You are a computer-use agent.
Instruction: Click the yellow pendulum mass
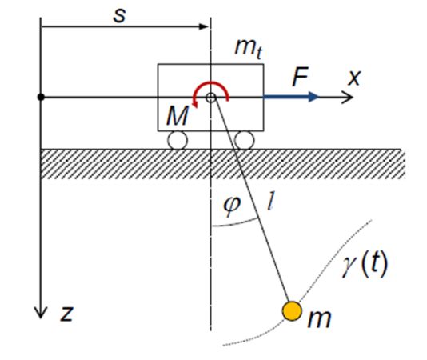click(292, 310)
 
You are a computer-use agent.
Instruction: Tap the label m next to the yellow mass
click(319, 318)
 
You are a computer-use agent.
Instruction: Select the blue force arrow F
click(291, 97)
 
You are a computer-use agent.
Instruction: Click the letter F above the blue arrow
click(300, 77)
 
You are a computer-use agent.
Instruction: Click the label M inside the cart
click(178, 115)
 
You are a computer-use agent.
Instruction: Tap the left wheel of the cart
click(178, 141)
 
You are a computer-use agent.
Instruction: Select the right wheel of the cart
click(244, 141)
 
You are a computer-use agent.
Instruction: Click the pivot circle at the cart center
click(211, 98)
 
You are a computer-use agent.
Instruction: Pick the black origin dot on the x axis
click(41, 97)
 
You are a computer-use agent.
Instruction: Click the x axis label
click(354, 78)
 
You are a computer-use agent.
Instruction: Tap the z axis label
click(66, 314)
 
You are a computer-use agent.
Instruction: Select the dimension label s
click(120, 15)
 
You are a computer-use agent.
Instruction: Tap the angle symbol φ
click(232, 206)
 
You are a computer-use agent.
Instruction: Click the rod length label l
click(271, 201)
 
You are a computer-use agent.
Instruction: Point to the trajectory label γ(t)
click(365, 264)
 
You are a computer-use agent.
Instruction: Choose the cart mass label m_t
click(249, 48)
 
